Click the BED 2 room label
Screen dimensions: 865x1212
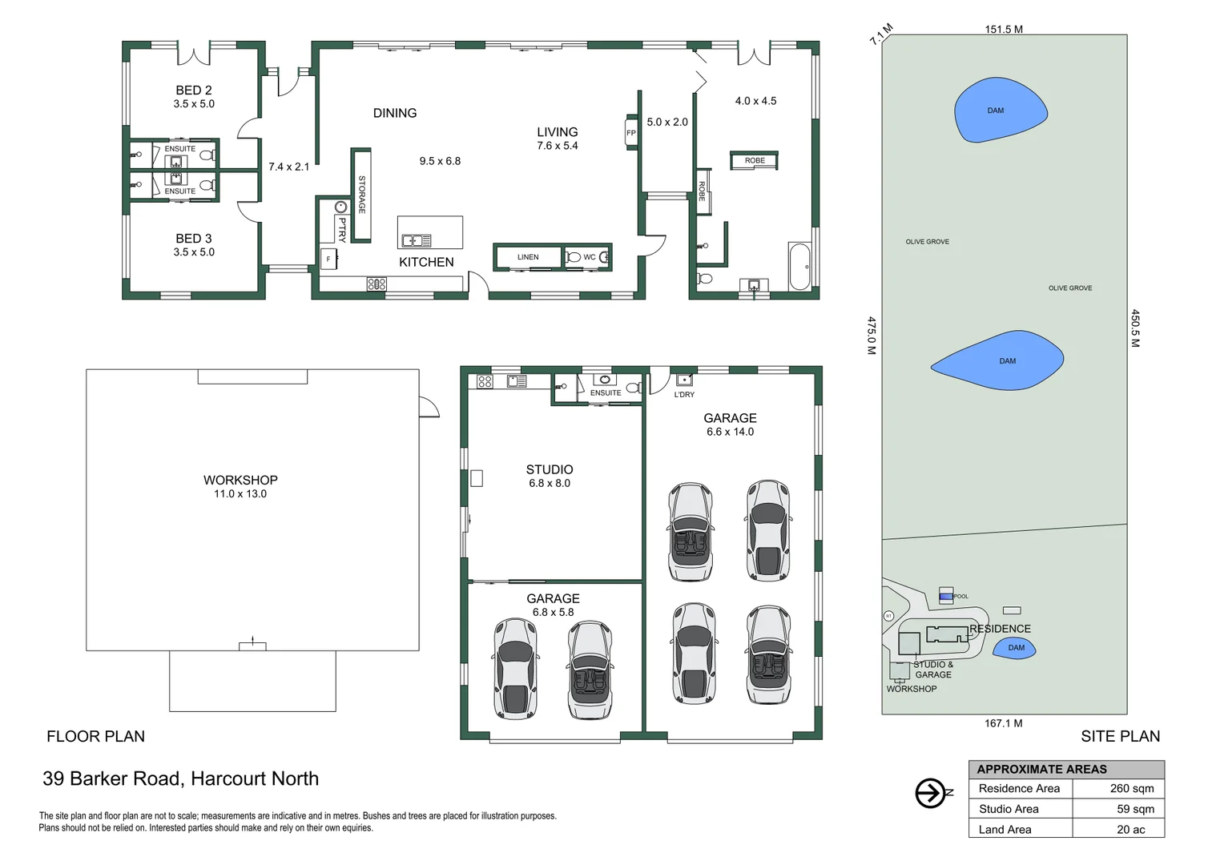tap(194, 91)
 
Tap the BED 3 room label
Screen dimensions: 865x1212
tap(194, 239)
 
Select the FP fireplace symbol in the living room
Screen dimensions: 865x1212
tap(631, 133)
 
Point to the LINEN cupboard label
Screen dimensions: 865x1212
tap(528, 257)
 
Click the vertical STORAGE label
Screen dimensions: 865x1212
tap(362, 195)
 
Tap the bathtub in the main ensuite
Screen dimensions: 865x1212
tap(799, 267)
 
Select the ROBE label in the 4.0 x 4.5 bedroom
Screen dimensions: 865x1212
tap(755, 161)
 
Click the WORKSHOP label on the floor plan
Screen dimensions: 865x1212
tap(240, 480)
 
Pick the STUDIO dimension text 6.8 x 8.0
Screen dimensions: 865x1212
tap(550, 484)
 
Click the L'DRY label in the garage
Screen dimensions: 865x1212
tap(684, 395)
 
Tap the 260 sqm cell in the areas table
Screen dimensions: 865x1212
tap(1131, 789)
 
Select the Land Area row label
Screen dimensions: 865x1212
tap(1005, 830)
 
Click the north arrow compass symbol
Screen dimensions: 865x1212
tap(931, 793)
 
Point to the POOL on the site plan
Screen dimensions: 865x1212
tap(946, 596)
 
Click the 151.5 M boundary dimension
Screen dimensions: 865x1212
tap(1004, 30)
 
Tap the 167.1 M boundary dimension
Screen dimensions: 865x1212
tap(1003, 723)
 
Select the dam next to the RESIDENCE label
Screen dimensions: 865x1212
tap(1015, 648)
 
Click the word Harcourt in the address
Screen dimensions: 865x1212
tap(228, 778)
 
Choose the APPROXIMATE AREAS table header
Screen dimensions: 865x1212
tap(1041, 769)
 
